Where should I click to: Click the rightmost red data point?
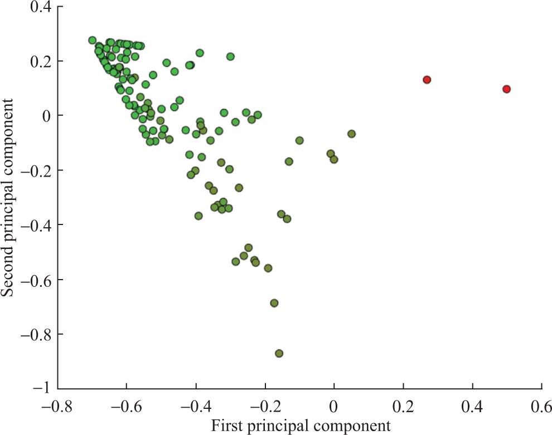[506, 89]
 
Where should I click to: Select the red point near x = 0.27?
[427, 80]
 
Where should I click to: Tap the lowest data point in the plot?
[279, 353]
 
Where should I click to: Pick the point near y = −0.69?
[274, 303]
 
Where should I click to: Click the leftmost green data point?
[92, 40]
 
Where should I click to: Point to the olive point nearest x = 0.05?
[351, 134]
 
